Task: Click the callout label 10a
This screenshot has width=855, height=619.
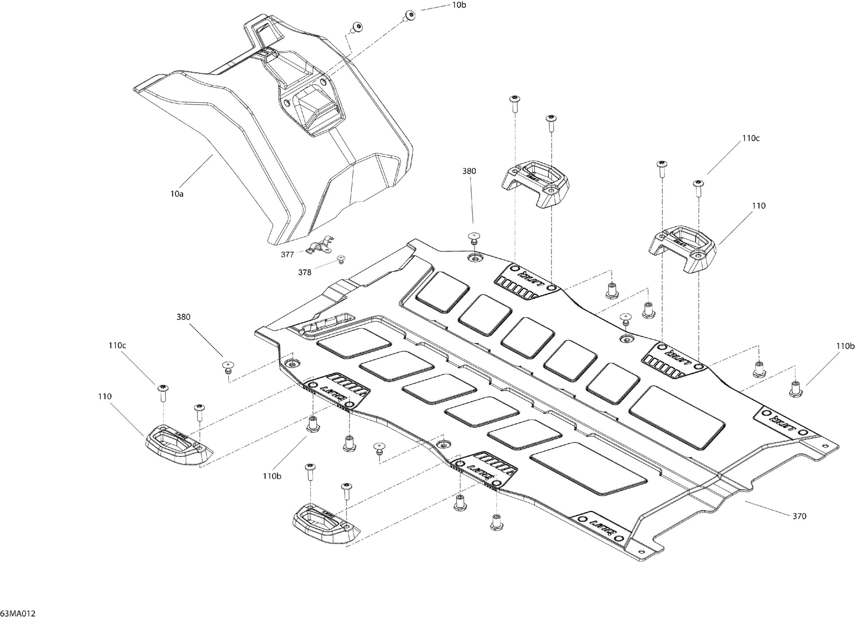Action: coord(177,194)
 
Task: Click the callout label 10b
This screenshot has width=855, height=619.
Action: coord(459,5)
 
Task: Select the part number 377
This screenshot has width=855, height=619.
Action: coord(287,255)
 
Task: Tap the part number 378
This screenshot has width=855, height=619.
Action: coord(305,272)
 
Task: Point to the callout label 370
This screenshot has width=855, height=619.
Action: coord(799,516)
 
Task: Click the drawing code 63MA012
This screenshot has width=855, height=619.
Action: coord(18,613)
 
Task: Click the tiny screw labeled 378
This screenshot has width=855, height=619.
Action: coord(341,259)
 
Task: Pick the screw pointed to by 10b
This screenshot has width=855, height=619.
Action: coord(410,15)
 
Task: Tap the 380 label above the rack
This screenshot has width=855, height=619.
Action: coord(469,171)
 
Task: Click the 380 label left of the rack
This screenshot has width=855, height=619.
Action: coord(183,317)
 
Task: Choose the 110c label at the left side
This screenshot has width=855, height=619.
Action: coord(117,345)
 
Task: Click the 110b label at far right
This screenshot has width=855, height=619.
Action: coord(845,346)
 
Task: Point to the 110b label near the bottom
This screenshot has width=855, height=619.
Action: coord(272,476)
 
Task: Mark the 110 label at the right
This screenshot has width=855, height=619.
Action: coord(758,206)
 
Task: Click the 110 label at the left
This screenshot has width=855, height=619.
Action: coord(105,396)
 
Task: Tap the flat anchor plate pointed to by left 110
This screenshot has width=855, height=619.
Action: coord(177,445)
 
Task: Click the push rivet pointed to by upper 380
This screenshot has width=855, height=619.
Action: coord(474,238)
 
